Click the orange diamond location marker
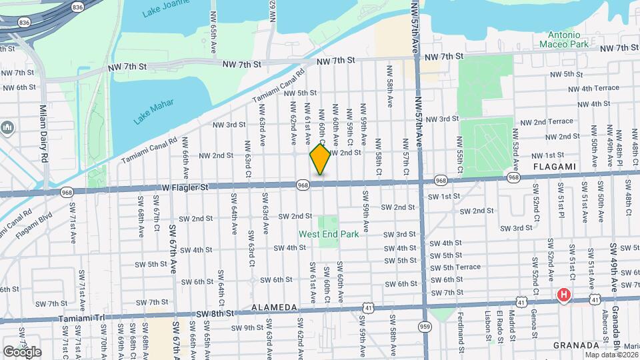pyautogui.click(x=320, y=159)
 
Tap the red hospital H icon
pyautogui.click(x=564, y=294)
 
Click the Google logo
pyautogui.click(x=22, y=351)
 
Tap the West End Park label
pyautogui.click(x=329, y=234)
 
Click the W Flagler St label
pyautogui.click(x=185, y=188)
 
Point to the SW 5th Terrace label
pyautogui.click(x=455, y=267)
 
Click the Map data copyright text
pyautogui.click(x=610, y=354)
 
